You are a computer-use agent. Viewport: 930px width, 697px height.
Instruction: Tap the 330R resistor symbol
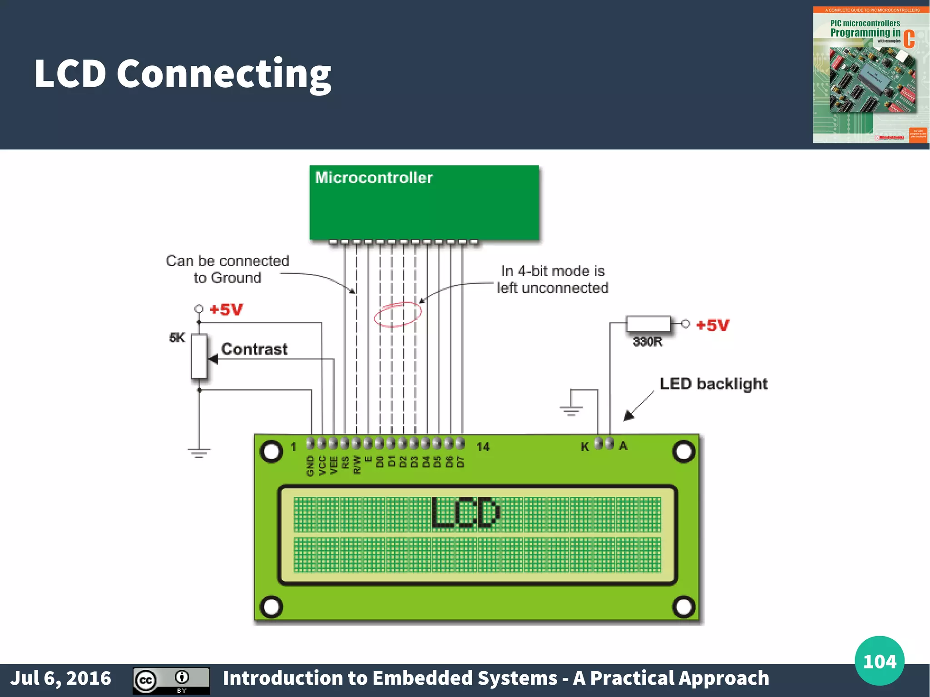point(648,324)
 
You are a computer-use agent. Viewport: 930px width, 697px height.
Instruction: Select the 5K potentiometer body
point(199,356)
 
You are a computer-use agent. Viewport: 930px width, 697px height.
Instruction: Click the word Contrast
point(254,349)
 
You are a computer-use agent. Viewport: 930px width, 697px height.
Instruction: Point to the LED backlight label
point(713,384)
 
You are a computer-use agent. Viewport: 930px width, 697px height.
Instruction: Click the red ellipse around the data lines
point(398,314)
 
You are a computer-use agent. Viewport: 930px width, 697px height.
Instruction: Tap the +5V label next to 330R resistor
point(712,325)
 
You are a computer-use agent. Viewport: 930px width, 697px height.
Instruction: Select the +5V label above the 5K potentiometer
point(226,310)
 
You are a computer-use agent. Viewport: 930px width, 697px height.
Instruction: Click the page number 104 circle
point(879,661)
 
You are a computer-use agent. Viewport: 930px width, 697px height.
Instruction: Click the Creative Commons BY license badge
point(171,680)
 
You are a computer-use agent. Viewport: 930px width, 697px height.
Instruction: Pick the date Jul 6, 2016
point(60,678)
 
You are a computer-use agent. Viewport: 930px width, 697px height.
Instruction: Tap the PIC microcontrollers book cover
point(871,75)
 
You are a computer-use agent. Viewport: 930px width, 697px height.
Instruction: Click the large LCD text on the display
point(465,513)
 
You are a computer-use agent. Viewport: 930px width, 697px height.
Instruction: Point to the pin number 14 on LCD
point(483,447)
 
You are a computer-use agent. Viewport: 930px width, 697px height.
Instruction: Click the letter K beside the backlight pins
point(585,447)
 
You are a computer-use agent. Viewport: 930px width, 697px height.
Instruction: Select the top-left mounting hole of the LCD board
point(271,451)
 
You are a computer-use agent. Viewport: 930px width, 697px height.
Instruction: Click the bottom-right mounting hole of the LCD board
point(683,607)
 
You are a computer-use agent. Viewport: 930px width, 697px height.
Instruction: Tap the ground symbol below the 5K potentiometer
point(199,452)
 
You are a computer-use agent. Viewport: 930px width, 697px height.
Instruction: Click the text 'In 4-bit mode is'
point(553,271)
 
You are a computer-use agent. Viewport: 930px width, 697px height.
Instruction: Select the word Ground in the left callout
point(236,277)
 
